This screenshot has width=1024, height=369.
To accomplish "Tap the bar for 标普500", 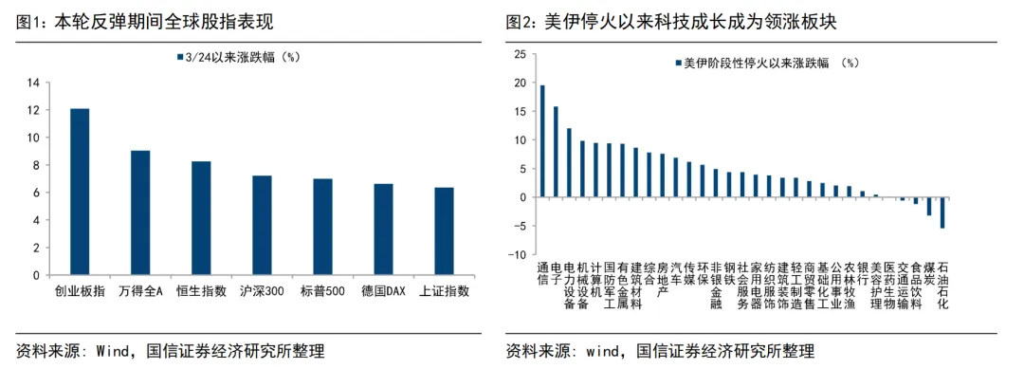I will click(x=322, y=227).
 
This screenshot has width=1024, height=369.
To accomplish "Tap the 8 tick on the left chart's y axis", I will click(x=35, y=165).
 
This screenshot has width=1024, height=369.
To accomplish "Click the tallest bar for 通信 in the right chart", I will click(x=541, y=141).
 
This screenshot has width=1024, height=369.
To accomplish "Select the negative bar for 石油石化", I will click(x=942, y=212).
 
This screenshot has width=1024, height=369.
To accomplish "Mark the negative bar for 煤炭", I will click(x=928, y=207).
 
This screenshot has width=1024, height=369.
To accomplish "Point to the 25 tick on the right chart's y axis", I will click(x=518, y=54).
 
